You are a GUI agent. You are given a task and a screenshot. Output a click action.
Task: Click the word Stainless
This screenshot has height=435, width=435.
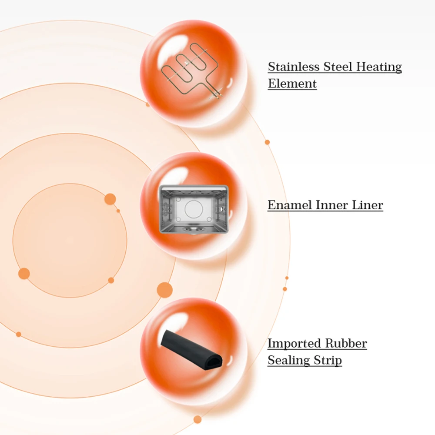point(294,67)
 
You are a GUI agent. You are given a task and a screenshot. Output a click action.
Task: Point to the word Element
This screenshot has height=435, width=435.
point(292,84)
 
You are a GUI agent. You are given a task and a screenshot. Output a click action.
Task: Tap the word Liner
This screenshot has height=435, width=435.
point(368,205)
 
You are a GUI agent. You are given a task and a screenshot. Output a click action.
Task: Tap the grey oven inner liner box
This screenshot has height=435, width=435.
point(194,209)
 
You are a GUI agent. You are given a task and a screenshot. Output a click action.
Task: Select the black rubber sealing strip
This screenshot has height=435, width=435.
point(191,348)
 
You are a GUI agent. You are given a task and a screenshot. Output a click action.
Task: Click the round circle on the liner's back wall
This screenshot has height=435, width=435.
point(193,208)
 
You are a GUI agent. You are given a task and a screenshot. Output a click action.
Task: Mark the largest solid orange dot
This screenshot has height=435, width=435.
point(164,290)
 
